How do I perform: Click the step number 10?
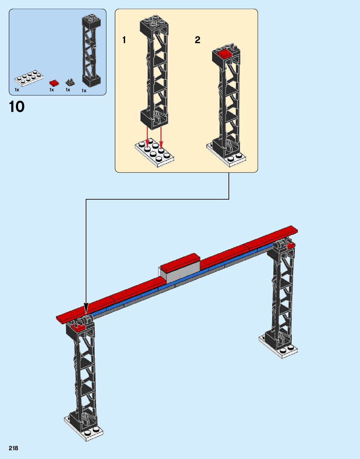pyautogui.click(x=17, y=107)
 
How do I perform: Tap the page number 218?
pyautogui.click(x=13, y=448)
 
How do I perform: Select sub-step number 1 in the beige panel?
pyautogui.click(x=124, y=40)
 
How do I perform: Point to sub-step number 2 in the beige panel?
pyautogui.click(x=197, y=40)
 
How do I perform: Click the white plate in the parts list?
pyautogui.click(x=29, y=78)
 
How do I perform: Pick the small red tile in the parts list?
pyautogui.click(x=54, y=83)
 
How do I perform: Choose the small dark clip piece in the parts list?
pyautogui.click(x=70, y=82)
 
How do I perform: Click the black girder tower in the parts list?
pyautogui.click(x=91, y=50)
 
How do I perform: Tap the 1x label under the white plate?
pyautogui.click(x=17, y=90)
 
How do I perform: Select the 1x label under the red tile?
pyautogui.click(x=52, y=90)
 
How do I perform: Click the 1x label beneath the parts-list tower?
pyautogui.click(x=84, y=91)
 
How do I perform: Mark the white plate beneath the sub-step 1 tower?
pyautogui.click(x=155, y=152)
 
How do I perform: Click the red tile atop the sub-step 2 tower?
pyautogui.click(x=225, y=53)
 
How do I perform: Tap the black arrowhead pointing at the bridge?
pyautogui.click(x=86, y=308)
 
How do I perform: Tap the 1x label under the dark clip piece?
pyautogui.click(x=68, y=90)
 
